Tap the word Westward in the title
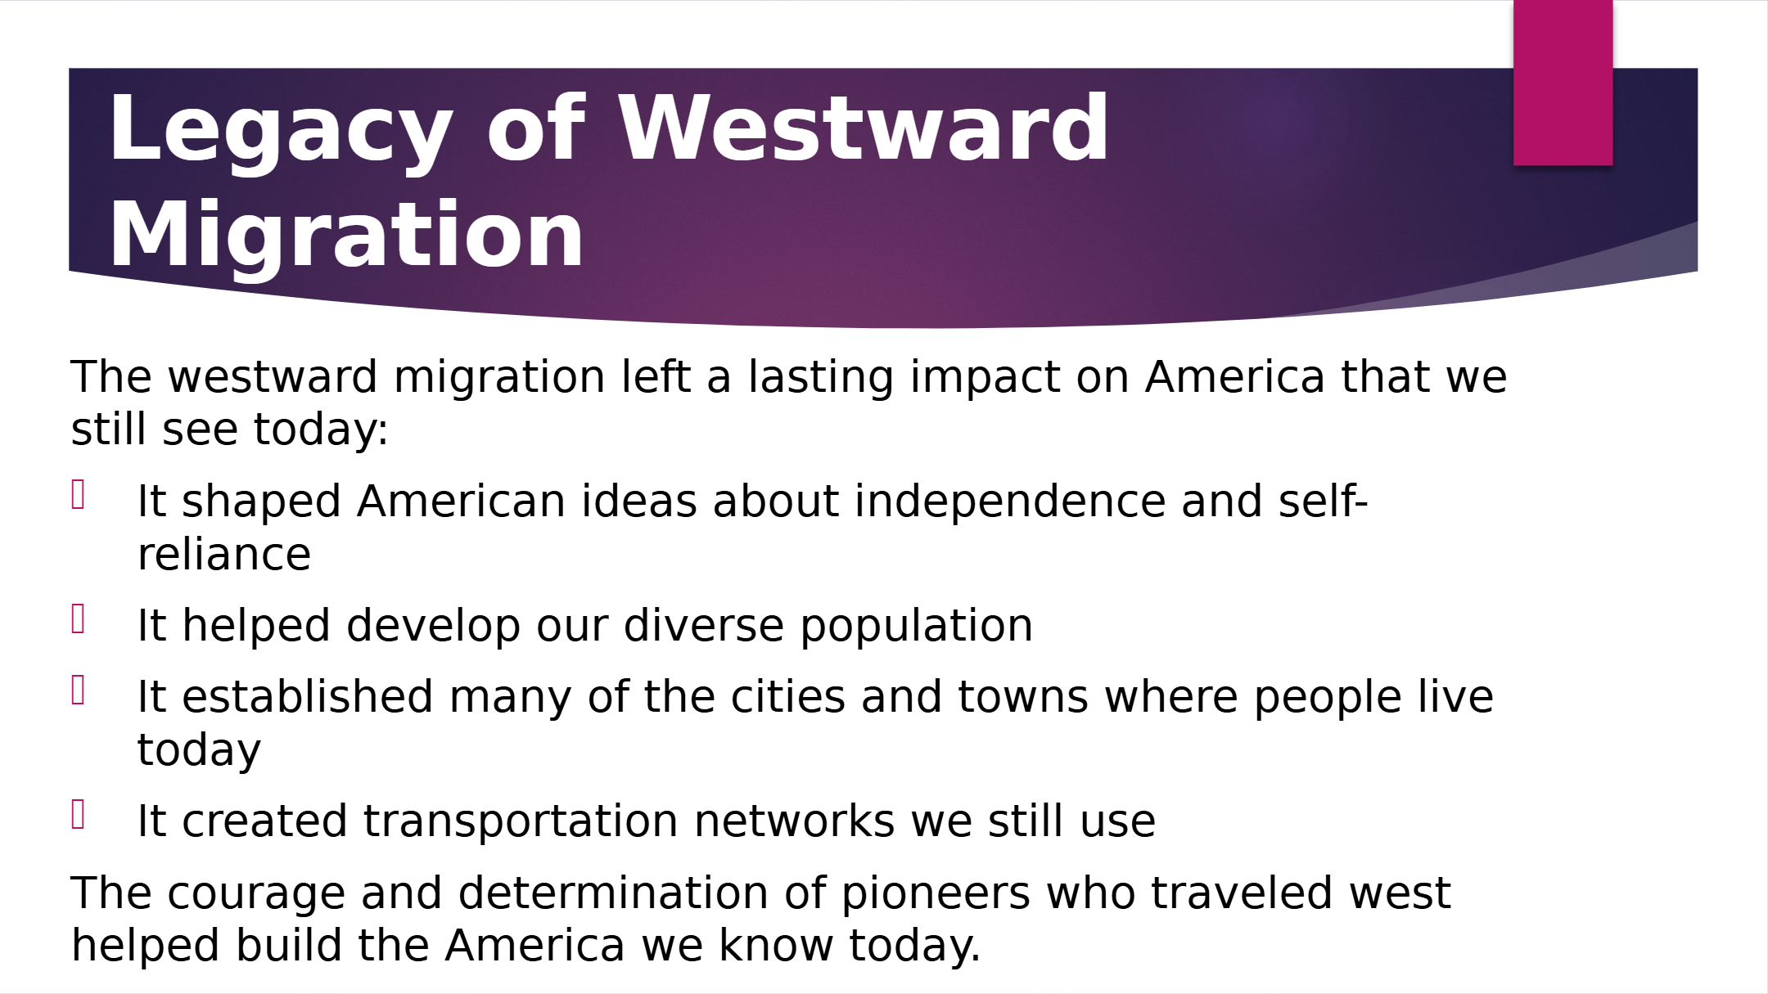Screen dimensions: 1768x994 point(864,128)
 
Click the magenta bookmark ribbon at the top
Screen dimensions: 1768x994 point(1563,83)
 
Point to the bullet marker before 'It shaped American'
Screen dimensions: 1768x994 point(79,495)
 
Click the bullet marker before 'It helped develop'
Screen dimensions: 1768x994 point(79,619)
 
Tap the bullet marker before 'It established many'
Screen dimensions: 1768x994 point(79,690)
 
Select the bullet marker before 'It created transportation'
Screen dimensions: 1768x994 point(79,815)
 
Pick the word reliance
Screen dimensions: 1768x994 point(224,555)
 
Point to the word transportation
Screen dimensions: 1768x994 point(521,821)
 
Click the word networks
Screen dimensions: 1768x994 point(795,821)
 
